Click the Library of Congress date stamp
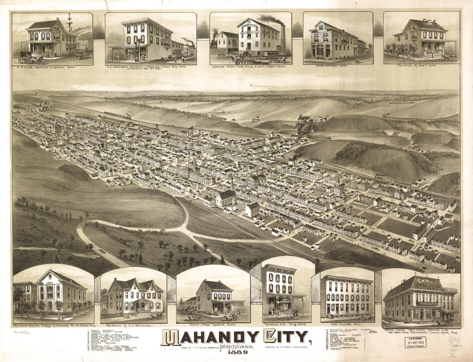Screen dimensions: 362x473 pyautogui.click(x=415, y=343)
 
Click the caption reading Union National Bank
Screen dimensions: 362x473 pyautogui.click(x=338, y=67)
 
